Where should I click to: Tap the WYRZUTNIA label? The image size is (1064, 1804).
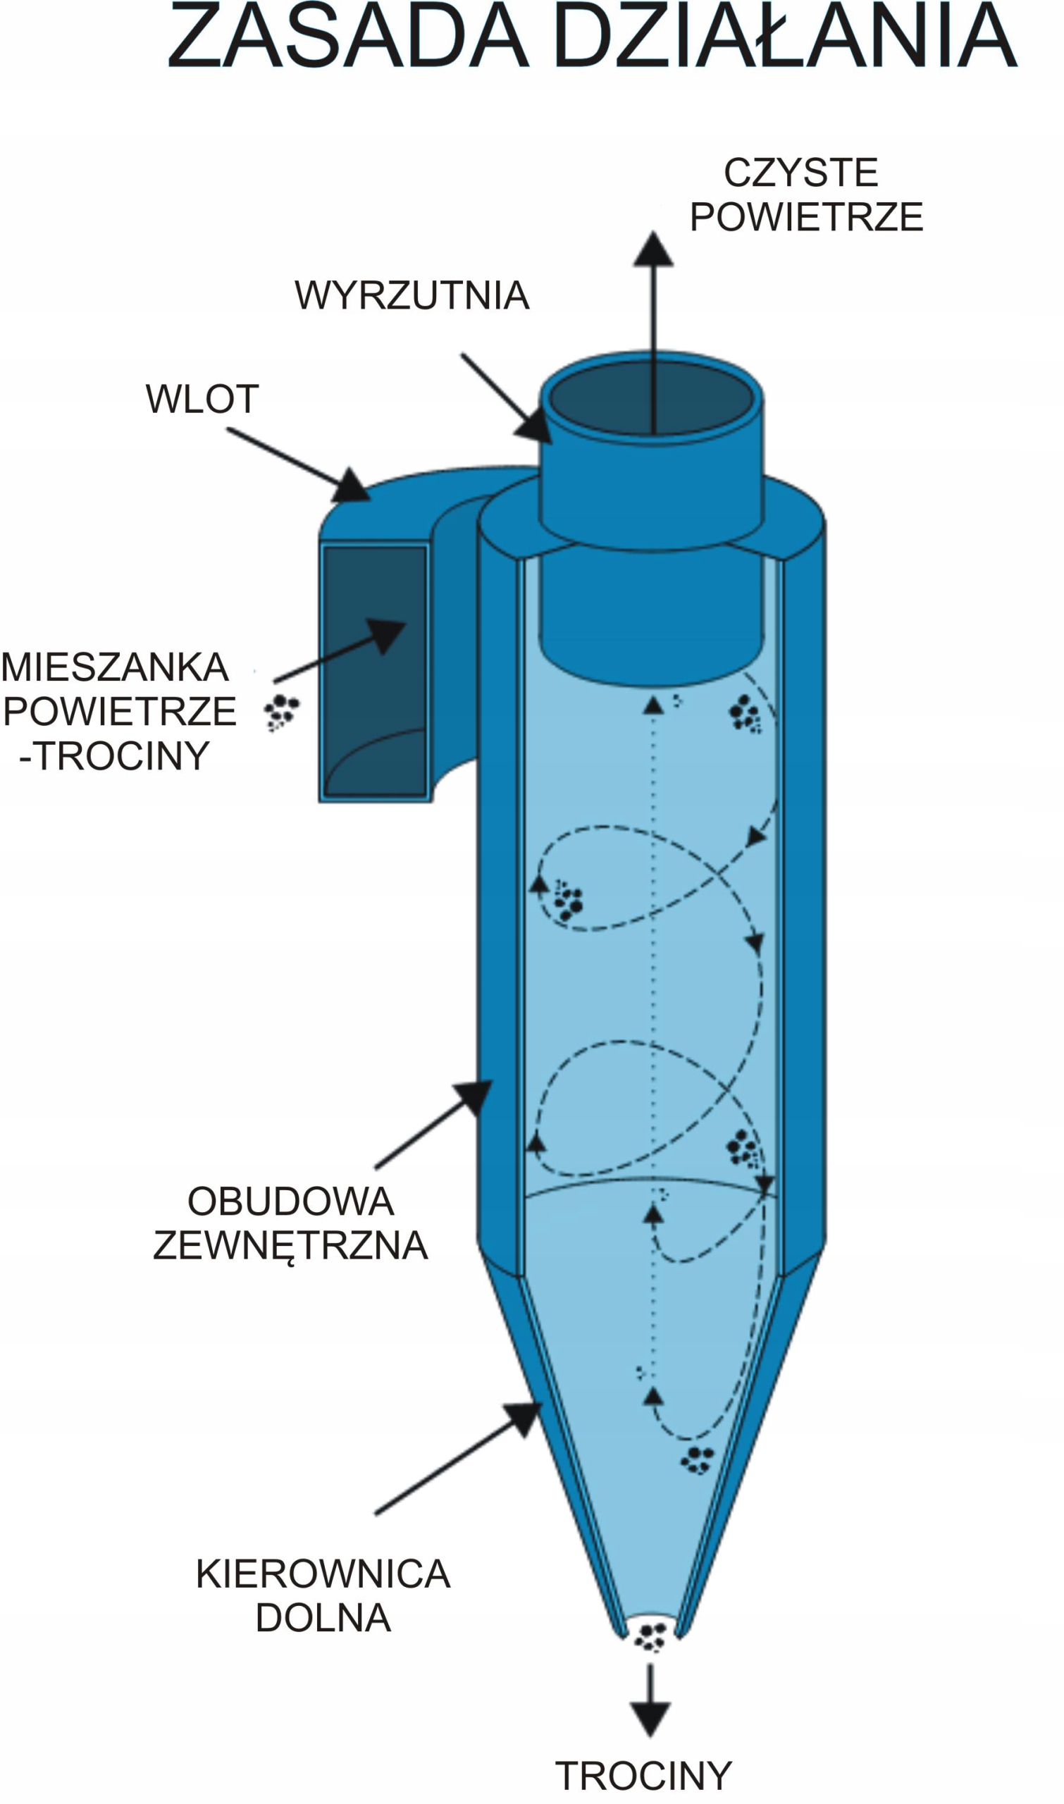click(412, 295)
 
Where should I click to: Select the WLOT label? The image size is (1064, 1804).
click(202, 399)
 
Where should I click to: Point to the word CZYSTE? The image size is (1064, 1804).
click(801, 173)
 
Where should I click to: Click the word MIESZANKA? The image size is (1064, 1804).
click(116, 667)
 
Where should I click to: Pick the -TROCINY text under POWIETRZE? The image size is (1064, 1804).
click(115, 755)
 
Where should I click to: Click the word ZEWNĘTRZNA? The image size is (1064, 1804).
click(290, 1245)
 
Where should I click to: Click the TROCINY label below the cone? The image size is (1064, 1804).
click(643, 1776)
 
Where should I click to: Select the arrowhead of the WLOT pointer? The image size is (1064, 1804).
click(352, 487)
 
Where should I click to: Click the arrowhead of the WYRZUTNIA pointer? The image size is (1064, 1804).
click(533, 426)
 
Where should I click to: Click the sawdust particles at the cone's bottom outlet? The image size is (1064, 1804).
click(651, 1637)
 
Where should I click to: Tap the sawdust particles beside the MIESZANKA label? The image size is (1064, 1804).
click(281, 712)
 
